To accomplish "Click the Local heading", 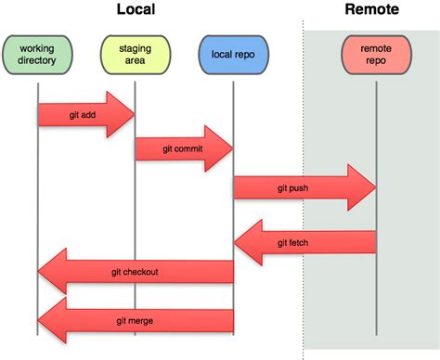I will (x=136, y=10).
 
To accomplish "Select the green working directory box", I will (x=36, y=55).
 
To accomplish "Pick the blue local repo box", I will (x=232, y=55).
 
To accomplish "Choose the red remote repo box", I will (x=376, y=55).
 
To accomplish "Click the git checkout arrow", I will (x=135, y=271).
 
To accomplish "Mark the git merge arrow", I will (x=135, y=320).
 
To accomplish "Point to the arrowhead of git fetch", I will (x=243, y=242).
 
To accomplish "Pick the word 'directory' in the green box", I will (x=36, y=61).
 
